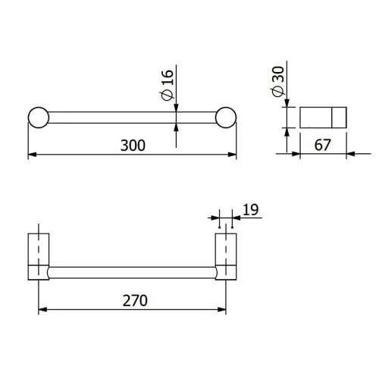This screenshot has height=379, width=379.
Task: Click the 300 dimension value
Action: point(133,146)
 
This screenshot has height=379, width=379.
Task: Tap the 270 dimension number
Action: point(135,300)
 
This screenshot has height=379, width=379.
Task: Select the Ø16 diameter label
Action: point(168,85)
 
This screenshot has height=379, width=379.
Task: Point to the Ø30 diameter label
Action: point(278,81)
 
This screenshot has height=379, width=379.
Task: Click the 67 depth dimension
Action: point(322,145)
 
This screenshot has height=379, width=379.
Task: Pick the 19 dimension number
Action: point(251,210)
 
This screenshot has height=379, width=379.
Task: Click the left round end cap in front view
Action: point(39,117)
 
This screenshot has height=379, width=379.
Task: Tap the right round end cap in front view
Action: point(226,117)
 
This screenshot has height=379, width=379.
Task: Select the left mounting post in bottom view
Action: point(39,256)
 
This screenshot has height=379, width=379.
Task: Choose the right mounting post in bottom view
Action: point(226,256)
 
